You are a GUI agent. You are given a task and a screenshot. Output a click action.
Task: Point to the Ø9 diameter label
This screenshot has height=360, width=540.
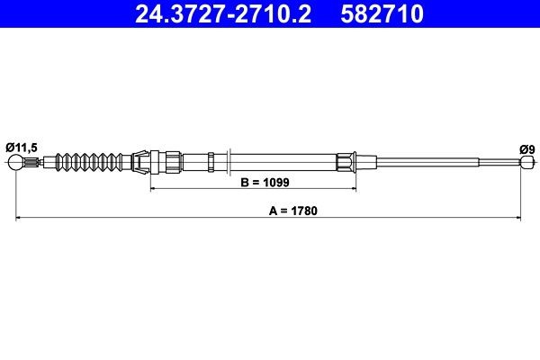pos(526,147)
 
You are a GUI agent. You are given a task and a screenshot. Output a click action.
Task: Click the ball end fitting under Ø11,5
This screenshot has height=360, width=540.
pos(16,163)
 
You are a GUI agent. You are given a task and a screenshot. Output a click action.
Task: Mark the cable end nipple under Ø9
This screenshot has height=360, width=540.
pos(526,163)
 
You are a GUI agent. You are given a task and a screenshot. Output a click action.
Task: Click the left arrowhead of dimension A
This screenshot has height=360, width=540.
pos(19,218)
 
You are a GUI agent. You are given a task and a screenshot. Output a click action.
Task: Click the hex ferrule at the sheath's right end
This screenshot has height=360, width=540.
pos(347,163)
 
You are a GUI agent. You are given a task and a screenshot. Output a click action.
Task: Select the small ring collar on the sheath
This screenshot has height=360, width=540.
pos(211,163)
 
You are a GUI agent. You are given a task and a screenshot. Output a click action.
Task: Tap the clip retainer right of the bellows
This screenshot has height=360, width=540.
pos(142,162)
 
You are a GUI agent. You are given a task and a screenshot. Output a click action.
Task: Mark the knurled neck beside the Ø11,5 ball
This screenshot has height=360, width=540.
pos(32,163)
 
